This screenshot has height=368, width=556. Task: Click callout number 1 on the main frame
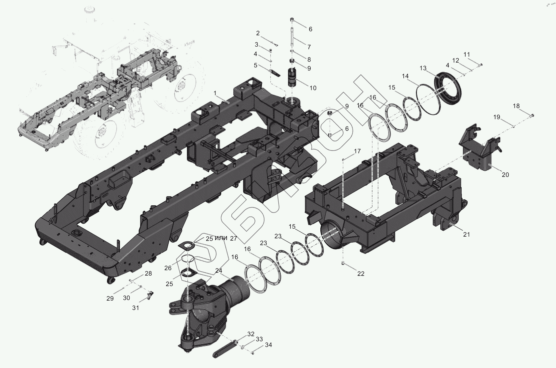(x=215, y=93)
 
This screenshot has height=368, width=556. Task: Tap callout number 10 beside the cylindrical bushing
(x=313, y=88)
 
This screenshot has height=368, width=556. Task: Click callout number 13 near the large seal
(x=423, y=68)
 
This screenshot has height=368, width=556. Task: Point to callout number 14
(x=405, y=76)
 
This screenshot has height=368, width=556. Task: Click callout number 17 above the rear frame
(x=357, y=151)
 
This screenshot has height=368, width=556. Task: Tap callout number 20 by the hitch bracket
(x=505, y=175)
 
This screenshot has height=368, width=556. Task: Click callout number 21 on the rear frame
(x=466, y=235)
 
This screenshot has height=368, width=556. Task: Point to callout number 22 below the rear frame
(x=361, y=274)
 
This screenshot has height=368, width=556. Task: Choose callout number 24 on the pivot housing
(x=218, y=271)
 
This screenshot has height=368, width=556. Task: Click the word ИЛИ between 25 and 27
(x=221, y=239)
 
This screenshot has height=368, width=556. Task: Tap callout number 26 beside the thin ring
(x=168, y=268)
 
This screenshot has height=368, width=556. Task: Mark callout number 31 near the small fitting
(x=136, y=308)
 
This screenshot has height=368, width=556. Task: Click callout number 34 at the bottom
(x=268, y=345)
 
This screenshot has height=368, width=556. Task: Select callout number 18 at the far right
(x=516, y=106)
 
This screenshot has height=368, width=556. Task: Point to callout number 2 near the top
(x=258, y=33)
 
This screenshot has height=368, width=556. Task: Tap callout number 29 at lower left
(x=110, y=298)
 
